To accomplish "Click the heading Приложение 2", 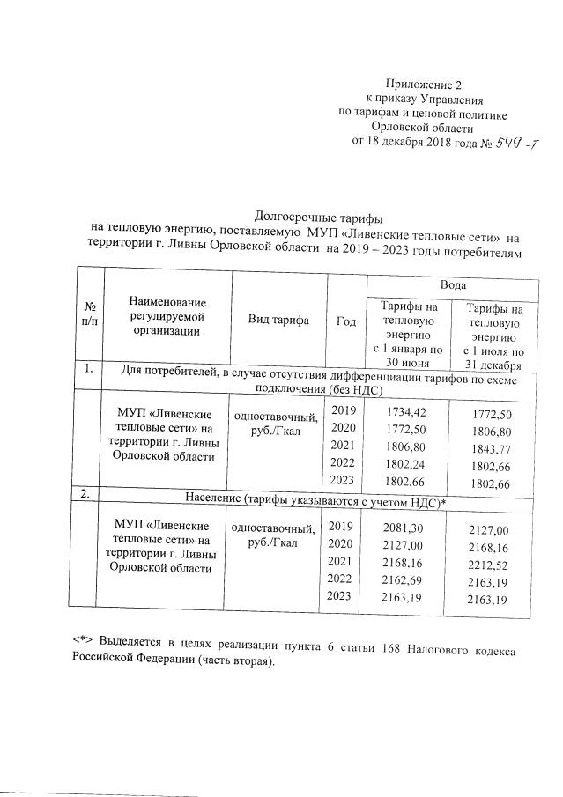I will [430, 85].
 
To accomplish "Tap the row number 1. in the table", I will [87, 370].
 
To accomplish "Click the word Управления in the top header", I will [452, 100].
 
